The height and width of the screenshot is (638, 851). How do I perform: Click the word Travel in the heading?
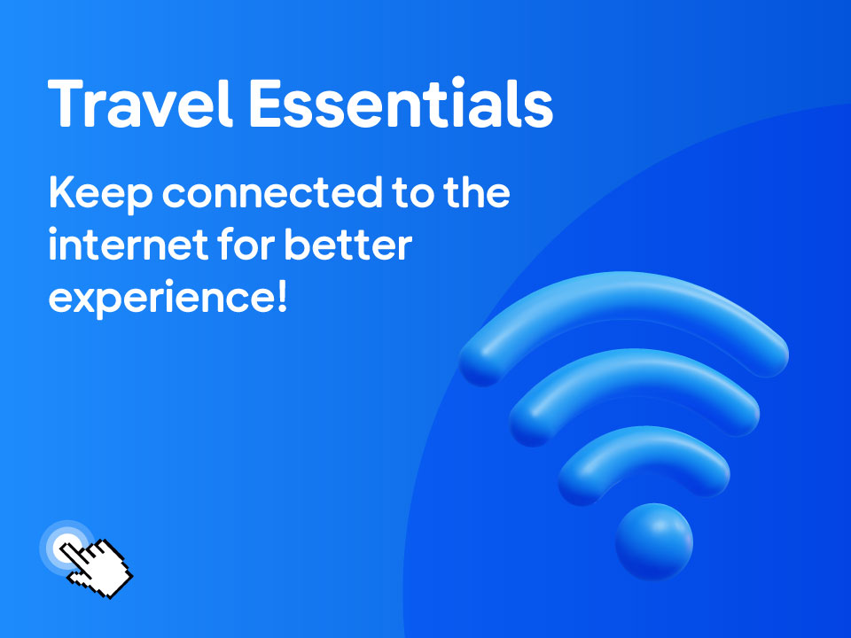pyautogui.click(x=141, y=103)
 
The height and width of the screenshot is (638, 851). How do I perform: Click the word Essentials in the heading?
pyautogui.click(x=401, y=103)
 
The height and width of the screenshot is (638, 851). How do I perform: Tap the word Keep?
pyautogui.click(x=101, y=194)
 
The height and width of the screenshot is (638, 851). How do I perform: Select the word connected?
pyautogui.click(x=272, y=192)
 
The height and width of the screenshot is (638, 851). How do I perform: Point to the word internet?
pyautogui.click(x=129, y=245)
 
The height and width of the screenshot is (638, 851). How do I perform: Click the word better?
pyautogui.click(x=347, y=245)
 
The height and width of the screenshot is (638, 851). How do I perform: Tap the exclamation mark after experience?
pyautogui.click(x=282, y=296)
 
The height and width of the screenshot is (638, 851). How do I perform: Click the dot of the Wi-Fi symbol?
pyautogui.click(x=654, y=541)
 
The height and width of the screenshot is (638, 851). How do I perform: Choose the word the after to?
pyautogui.click(x=477, y=192)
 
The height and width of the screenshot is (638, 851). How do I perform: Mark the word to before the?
pyautogui.click(x=414, y=194)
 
